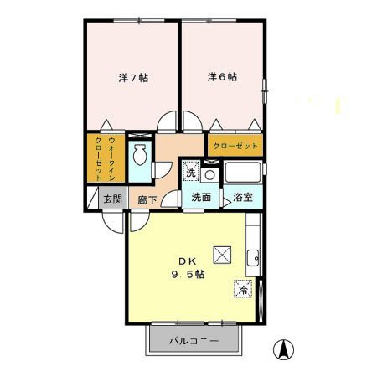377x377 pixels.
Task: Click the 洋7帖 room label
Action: click(x=133, y=78)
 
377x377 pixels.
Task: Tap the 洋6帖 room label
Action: click(x=222, y=77)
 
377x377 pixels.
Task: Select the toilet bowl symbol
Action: click(x=139, y=154)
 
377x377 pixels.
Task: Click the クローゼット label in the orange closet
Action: click(x=235, y=146)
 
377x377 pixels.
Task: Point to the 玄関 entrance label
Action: click(x=113, y=199)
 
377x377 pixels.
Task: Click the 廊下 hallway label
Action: click(x=147, y=199)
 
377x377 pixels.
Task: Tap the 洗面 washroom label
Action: click(x=201, y=197)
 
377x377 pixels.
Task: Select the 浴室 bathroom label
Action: click(x=243, y=197)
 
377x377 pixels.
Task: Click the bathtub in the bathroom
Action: click(x=243, y=173)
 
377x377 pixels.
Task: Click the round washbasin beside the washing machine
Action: click(x=209, y=175)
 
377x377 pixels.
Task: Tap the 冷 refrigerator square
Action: click(x=243, y=289)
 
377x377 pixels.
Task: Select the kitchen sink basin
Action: click(x=253, y=258)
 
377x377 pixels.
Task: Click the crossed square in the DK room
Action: click(x=222, y=255)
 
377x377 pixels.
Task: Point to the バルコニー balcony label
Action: click(x=194, y=341)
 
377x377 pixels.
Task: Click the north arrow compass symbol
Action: click(x=283, y=349)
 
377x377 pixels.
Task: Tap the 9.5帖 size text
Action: click(x=188, y=275)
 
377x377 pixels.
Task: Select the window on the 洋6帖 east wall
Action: click(x=265, y=91)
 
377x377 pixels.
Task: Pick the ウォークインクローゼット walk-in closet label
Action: click(x=106, y=158)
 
